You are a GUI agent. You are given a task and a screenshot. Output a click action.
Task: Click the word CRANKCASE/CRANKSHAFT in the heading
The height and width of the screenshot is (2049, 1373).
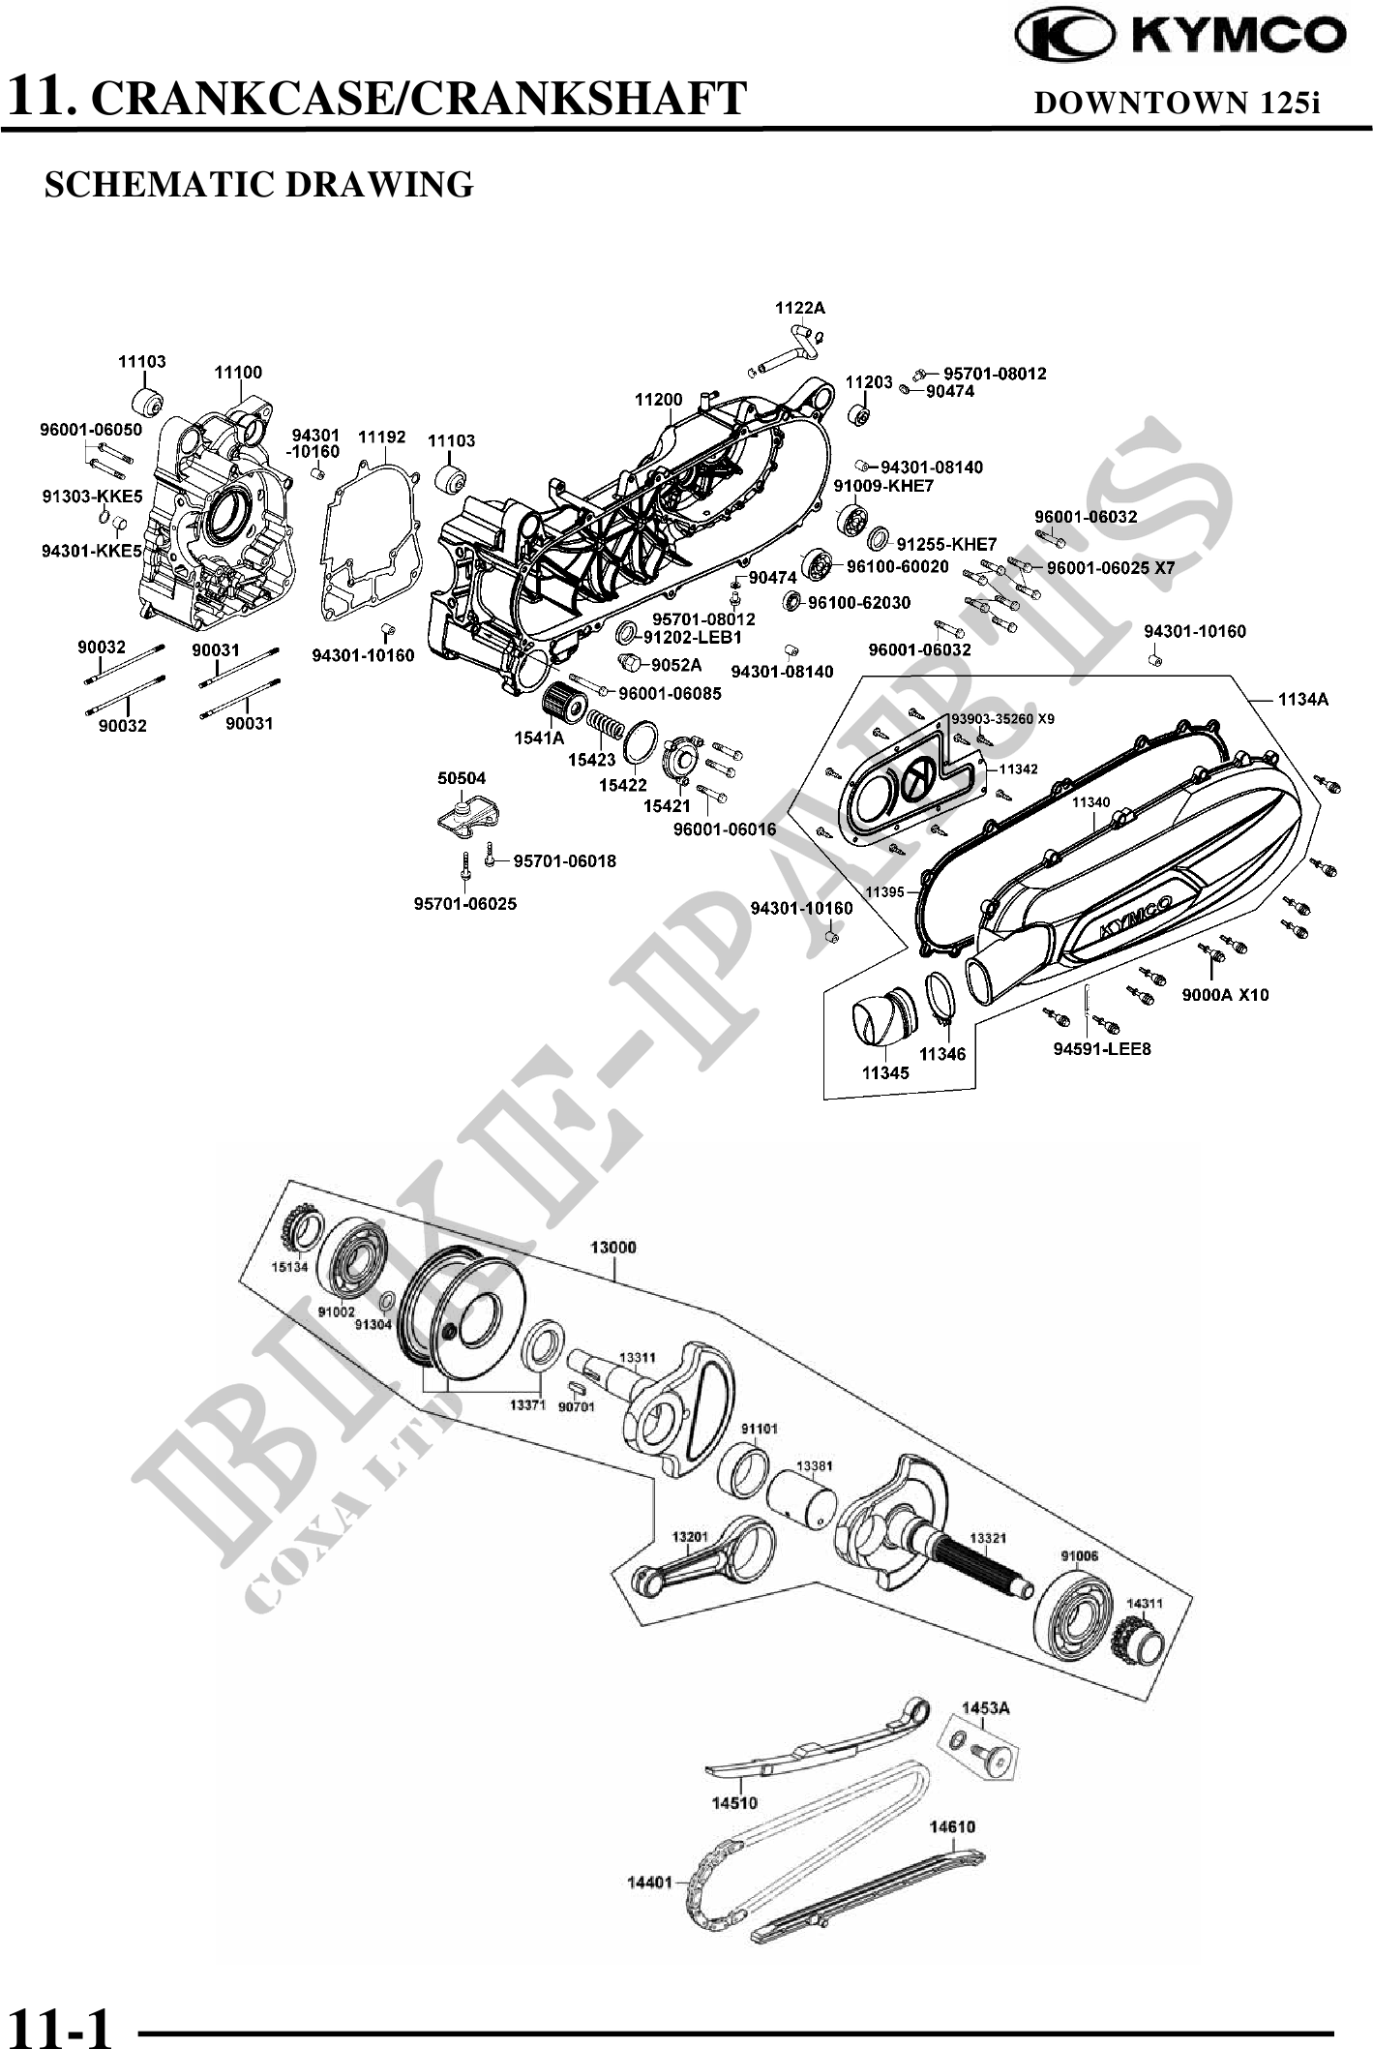(422, 98)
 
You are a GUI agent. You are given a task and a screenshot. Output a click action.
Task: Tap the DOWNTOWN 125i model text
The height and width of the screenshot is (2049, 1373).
(1177, 103)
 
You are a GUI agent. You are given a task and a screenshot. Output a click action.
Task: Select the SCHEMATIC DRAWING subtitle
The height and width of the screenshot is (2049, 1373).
(259, 184)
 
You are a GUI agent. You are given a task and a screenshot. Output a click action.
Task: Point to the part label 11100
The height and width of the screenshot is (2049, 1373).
(238, 373)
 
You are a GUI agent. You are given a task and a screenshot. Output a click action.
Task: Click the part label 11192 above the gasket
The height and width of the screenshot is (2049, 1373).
(382, 437)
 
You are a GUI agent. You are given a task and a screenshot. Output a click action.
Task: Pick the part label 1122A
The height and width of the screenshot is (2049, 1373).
(800, 308)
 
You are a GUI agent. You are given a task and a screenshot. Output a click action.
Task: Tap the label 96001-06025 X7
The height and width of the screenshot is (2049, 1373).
(1110, 568)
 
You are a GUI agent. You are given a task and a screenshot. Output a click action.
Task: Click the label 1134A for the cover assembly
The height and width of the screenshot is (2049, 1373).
(1303, 699)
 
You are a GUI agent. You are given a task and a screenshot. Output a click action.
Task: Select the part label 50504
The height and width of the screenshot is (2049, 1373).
(462, 778)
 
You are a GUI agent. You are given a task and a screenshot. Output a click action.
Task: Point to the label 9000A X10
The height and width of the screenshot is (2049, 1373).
(1225, 995)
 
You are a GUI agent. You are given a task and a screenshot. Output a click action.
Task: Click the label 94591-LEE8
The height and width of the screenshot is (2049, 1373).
(1102, 1048)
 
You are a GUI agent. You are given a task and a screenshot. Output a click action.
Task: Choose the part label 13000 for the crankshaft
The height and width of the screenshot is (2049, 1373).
(613, 1247)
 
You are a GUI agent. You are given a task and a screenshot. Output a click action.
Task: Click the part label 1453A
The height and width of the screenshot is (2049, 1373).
(985, 1708)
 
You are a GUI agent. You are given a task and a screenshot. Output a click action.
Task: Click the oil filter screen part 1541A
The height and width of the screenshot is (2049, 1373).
(560, 704)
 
